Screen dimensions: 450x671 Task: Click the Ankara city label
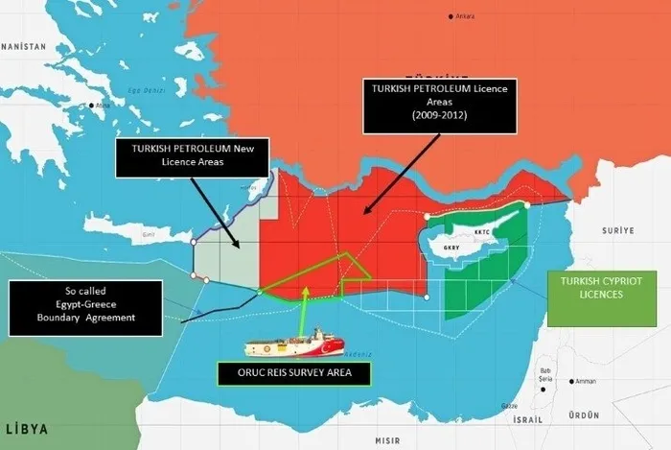point(466,17)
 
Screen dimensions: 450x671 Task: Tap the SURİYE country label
point(617,231)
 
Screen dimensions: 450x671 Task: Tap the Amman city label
point(586,381)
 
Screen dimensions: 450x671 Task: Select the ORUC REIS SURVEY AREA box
point(293,372)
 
